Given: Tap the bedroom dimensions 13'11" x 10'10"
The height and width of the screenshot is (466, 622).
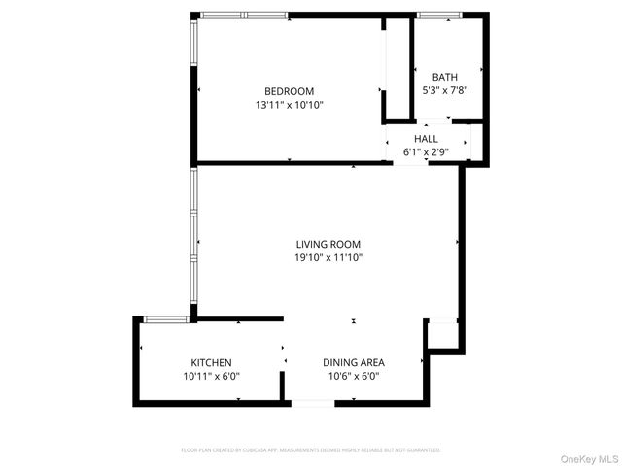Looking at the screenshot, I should (x=290, y=105).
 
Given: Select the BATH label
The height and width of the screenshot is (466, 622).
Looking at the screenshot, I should (x=444, y=77).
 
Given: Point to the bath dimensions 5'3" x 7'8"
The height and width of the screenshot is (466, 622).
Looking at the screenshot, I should (x=444, y=90).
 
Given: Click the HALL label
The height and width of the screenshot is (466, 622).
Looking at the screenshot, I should (x=426, y=139).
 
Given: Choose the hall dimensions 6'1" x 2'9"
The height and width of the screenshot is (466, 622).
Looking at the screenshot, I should (x=426, y=152).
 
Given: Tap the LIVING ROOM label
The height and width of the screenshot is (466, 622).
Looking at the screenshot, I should (x=328, y=244).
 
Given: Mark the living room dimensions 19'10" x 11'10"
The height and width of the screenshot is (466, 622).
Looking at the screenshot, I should (x=328, y=257).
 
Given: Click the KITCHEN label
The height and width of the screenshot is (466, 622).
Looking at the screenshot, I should (x=211, y=362).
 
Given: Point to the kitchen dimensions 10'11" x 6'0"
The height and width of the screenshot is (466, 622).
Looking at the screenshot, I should (x=211, y=376).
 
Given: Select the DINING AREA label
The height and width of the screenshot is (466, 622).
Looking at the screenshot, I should (x=354, y=362).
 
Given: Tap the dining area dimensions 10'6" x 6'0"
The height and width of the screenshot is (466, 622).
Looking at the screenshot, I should (x=354, y=376).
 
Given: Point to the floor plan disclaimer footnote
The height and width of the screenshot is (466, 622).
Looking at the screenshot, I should (x=311, y=450).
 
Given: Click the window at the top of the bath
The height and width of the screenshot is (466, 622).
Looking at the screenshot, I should (x=438, y=16).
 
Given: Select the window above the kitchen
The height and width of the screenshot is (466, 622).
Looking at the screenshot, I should (x=166, y=319).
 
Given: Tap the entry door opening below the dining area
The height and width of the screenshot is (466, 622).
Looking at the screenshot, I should (x=313, y=401).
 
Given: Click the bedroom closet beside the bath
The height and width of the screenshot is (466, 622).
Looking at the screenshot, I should (x=397, y=68).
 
